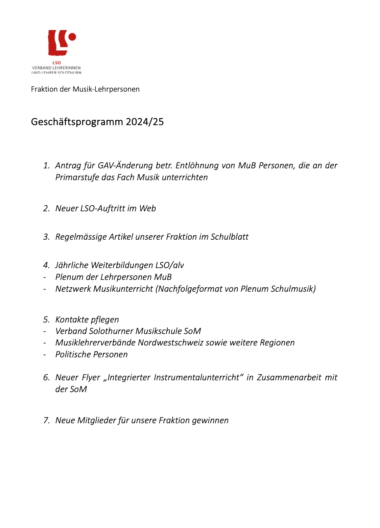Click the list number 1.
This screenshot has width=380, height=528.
tap(46, 166)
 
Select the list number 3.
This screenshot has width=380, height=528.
tap(46, 237)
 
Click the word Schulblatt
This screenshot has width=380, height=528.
tap(230, 237)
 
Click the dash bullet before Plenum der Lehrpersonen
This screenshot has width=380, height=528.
tap(45, 277)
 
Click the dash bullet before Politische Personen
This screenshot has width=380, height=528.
tap(45, 355)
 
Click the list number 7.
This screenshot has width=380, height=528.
tap(46, 421)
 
